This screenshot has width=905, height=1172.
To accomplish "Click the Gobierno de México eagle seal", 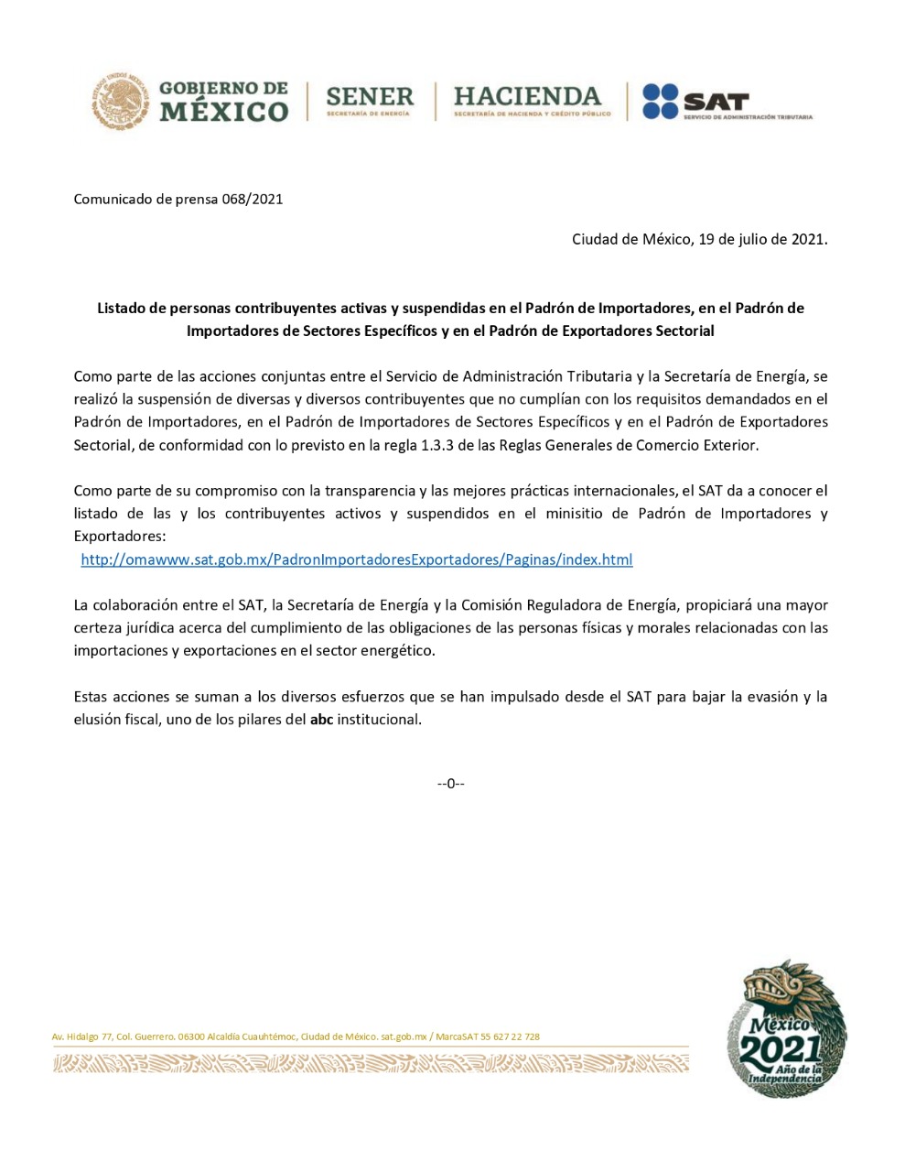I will tap(120, 100).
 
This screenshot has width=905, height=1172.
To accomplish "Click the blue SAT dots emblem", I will tap(660, 101).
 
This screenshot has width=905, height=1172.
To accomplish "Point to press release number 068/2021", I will tap(252, 199).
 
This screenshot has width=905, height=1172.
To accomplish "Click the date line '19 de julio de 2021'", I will tap(762, 240).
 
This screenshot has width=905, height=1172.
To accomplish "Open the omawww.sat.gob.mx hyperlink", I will tap(356, 559).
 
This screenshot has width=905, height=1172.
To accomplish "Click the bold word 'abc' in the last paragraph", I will tap(321, 720).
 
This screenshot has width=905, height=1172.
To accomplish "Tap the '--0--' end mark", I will tap(450, 784).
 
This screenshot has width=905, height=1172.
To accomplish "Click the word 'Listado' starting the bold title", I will tap(121, 309).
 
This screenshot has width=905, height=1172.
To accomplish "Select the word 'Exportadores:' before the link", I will tap(120, 537).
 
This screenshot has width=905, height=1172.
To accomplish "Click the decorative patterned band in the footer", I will tap(371, 1063).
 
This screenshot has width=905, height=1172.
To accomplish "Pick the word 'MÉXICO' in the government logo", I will tap(224, 113).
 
